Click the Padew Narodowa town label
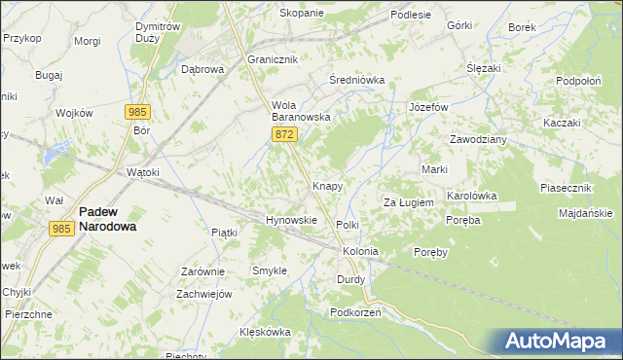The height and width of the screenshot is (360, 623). [107, 217]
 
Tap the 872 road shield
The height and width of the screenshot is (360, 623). [284, 134]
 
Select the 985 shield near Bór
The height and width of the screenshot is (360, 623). [138, 112]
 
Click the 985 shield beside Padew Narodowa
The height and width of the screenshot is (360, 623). [61, 228]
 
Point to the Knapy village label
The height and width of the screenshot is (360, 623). [327, 185]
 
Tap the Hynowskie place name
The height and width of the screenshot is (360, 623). [292, 220]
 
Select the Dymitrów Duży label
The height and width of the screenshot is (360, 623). [157, 33]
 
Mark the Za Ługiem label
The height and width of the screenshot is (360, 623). [407, 202]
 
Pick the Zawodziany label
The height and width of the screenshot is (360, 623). [478, 139]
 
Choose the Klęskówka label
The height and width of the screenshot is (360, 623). [266, 332]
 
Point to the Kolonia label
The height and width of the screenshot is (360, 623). [359, 251]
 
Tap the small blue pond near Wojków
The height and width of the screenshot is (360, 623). [55, 151]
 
